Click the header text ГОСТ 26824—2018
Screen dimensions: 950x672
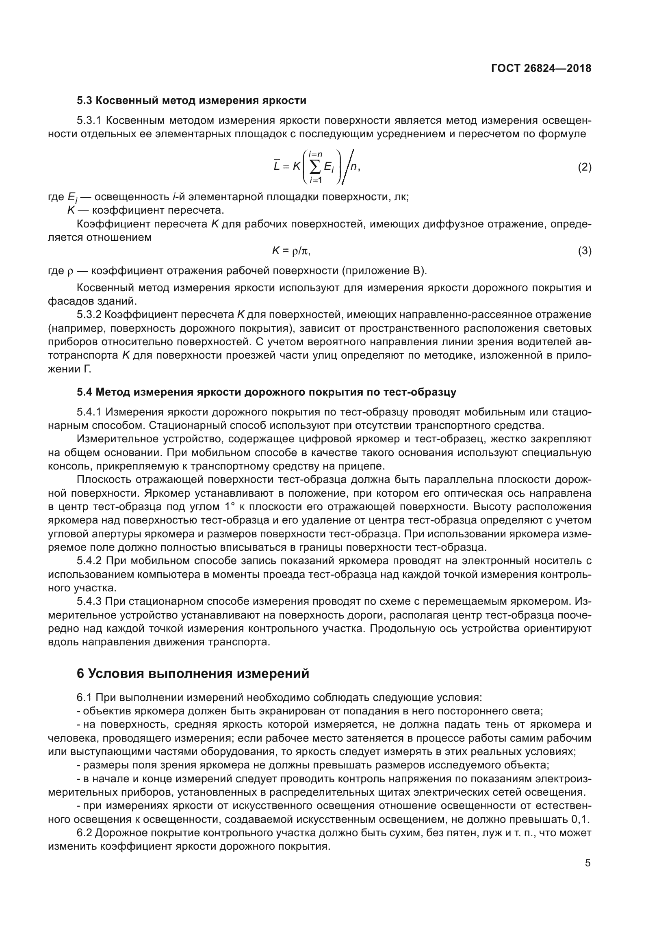click(x=541, y=69)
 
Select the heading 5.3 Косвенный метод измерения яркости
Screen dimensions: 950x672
click(x=191, y=101)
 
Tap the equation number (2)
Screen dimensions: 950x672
click(x=584, y=167)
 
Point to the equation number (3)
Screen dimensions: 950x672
click(x=584, y=251)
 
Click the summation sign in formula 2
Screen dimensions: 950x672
click(x=315, y=167)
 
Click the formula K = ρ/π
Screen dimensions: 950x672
click(x=291, y=251)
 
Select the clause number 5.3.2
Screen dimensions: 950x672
click(x=89, y=315)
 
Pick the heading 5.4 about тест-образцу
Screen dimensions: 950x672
click(x=266, y=392)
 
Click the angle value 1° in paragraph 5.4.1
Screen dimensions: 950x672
click(x=230, y=507)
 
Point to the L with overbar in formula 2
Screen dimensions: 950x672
click(x=277, y=167)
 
